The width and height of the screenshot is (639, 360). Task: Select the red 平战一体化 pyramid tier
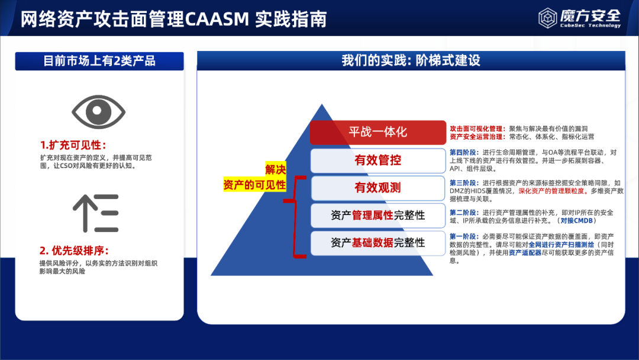(377, 132)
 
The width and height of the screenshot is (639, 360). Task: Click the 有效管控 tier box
(377, 160)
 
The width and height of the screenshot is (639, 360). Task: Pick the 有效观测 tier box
(377, 188)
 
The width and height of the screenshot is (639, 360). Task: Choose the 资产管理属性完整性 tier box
(377, 216)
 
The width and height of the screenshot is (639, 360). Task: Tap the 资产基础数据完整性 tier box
(377, 243)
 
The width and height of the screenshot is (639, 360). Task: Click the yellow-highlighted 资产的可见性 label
(254, 185)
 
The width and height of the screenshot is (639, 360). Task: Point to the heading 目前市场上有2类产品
(99, 61)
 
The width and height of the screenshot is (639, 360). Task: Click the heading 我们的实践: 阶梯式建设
(411, 61)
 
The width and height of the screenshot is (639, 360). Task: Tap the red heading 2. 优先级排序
(75, 250)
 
